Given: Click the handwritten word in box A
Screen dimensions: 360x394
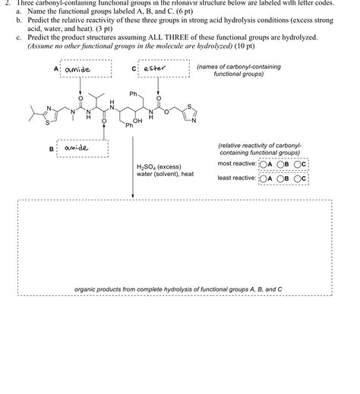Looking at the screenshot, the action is [78, 70].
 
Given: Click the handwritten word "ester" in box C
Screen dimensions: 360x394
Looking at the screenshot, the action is [155, 69].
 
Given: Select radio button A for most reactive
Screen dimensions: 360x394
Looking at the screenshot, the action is [263, 163].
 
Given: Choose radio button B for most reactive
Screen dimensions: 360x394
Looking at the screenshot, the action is [281, 163].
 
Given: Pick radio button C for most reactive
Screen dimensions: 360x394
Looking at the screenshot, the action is [299, 163].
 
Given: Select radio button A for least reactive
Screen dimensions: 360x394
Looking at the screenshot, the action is [263, 179].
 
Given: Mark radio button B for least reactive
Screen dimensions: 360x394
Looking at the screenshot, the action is [281, 179].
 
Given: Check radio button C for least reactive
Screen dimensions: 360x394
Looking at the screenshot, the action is [299, 179].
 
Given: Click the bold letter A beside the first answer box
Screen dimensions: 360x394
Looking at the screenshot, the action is [57, 69].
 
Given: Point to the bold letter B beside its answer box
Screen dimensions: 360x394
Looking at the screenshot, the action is [52, 149].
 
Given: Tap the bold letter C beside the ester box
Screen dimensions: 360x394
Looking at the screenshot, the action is [134, 69].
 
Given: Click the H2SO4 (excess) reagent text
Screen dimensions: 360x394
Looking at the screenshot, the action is [159, 166].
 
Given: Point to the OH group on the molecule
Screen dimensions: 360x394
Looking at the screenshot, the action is [137, 121].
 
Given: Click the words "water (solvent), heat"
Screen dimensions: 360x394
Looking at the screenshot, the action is [166, 174].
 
